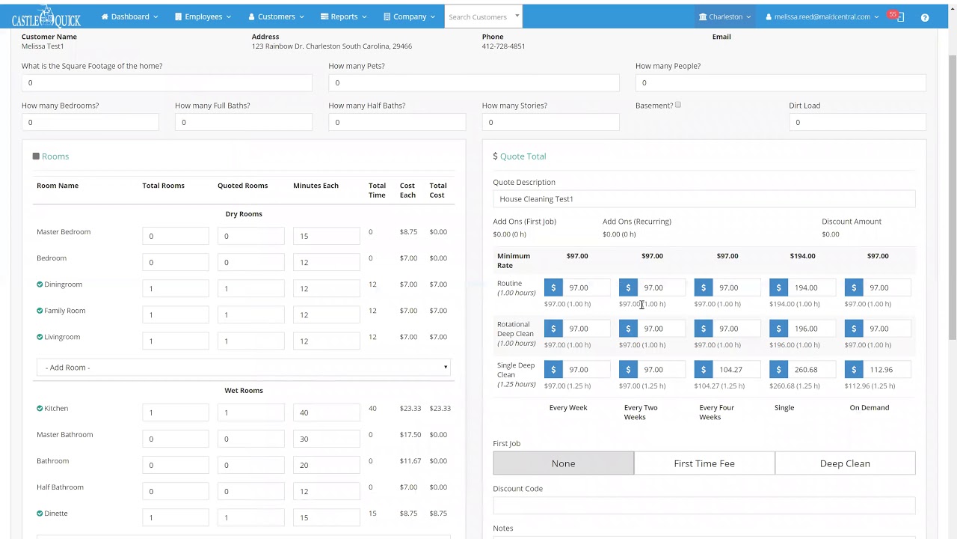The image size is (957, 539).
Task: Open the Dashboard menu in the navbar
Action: pos(129,16)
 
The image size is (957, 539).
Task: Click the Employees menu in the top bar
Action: pos(203,16)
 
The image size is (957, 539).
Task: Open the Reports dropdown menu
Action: pos(343,16)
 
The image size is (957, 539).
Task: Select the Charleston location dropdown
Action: pos(725,16)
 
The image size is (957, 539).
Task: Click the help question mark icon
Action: pos(925,17)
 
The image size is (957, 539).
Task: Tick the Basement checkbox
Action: pos(678,106)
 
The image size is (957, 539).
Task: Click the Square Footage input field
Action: pos(167,83)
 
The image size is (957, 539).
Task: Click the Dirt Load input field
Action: pos(857,122)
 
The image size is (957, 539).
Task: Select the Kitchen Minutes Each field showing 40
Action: pos(326,412)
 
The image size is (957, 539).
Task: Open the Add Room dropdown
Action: pos(243,368)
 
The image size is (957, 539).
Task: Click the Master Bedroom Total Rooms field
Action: pos(175,236)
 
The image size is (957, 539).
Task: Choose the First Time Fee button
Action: pos(704,463)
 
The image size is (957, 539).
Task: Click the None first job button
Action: pos(563,463)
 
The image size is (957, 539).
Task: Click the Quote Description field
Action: pos(704,199)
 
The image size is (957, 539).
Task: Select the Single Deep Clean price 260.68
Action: pos(810,370)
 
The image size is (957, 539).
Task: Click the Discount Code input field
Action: pos(704,506)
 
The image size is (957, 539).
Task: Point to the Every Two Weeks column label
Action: pos(641,412)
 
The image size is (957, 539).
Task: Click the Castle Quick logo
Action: pos(46,16)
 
